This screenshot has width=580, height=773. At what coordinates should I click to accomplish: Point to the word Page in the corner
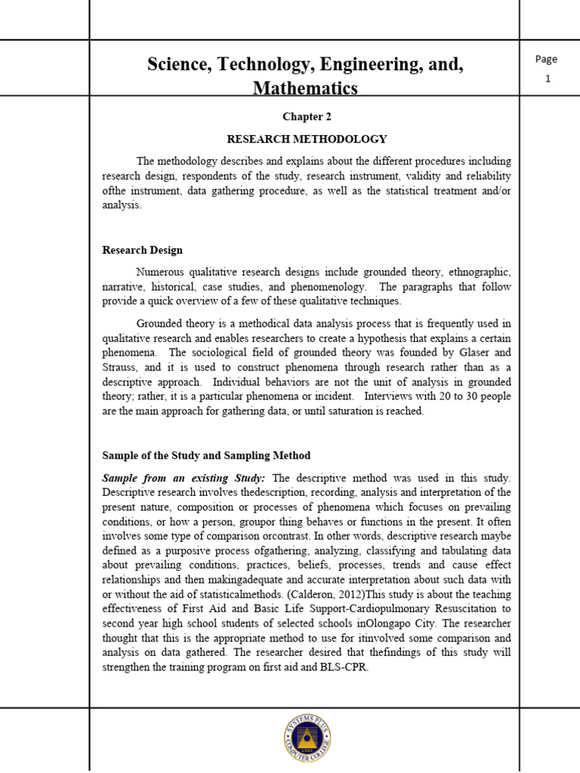pyautogui.click(x=546, y=60)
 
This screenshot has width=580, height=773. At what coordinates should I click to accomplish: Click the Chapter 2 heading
pyautogui.click(x=307, y=117)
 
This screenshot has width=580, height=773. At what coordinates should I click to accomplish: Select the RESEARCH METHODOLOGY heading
pyautogui.click(x=307, y=139)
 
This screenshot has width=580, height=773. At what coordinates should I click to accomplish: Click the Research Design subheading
pyautogui.click(x=142, y=250)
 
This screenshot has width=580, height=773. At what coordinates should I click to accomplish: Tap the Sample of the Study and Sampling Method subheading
pyautogui.click(x=206, y=456)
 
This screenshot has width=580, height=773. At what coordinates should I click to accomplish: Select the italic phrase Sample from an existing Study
pyautogui.click(x=184, y=478)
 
